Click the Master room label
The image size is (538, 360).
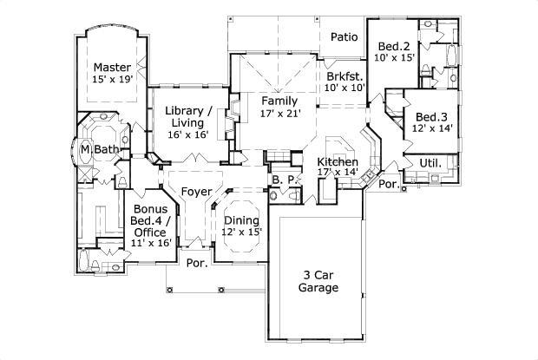112,67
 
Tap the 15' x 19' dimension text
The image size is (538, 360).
112,80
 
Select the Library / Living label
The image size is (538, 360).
188,117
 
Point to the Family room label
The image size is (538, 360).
279,101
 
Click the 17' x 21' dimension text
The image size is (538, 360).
279,114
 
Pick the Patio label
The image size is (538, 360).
344,37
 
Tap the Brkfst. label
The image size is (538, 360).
343,75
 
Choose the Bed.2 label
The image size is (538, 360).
394,46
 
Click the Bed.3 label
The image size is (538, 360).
430,117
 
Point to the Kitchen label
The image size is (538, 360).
338,162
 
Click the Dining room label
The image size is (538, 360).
242,219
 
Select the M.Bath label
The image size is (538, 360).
98,150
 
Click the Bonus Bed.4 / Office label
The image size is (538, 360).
150,221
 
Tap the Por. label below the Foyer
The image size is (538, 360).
197,263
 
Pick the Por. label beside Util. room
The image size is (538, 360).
388,185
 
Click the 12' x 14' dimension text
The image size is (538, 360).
430,129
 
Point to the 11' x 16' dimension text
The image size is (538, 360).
150,243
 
